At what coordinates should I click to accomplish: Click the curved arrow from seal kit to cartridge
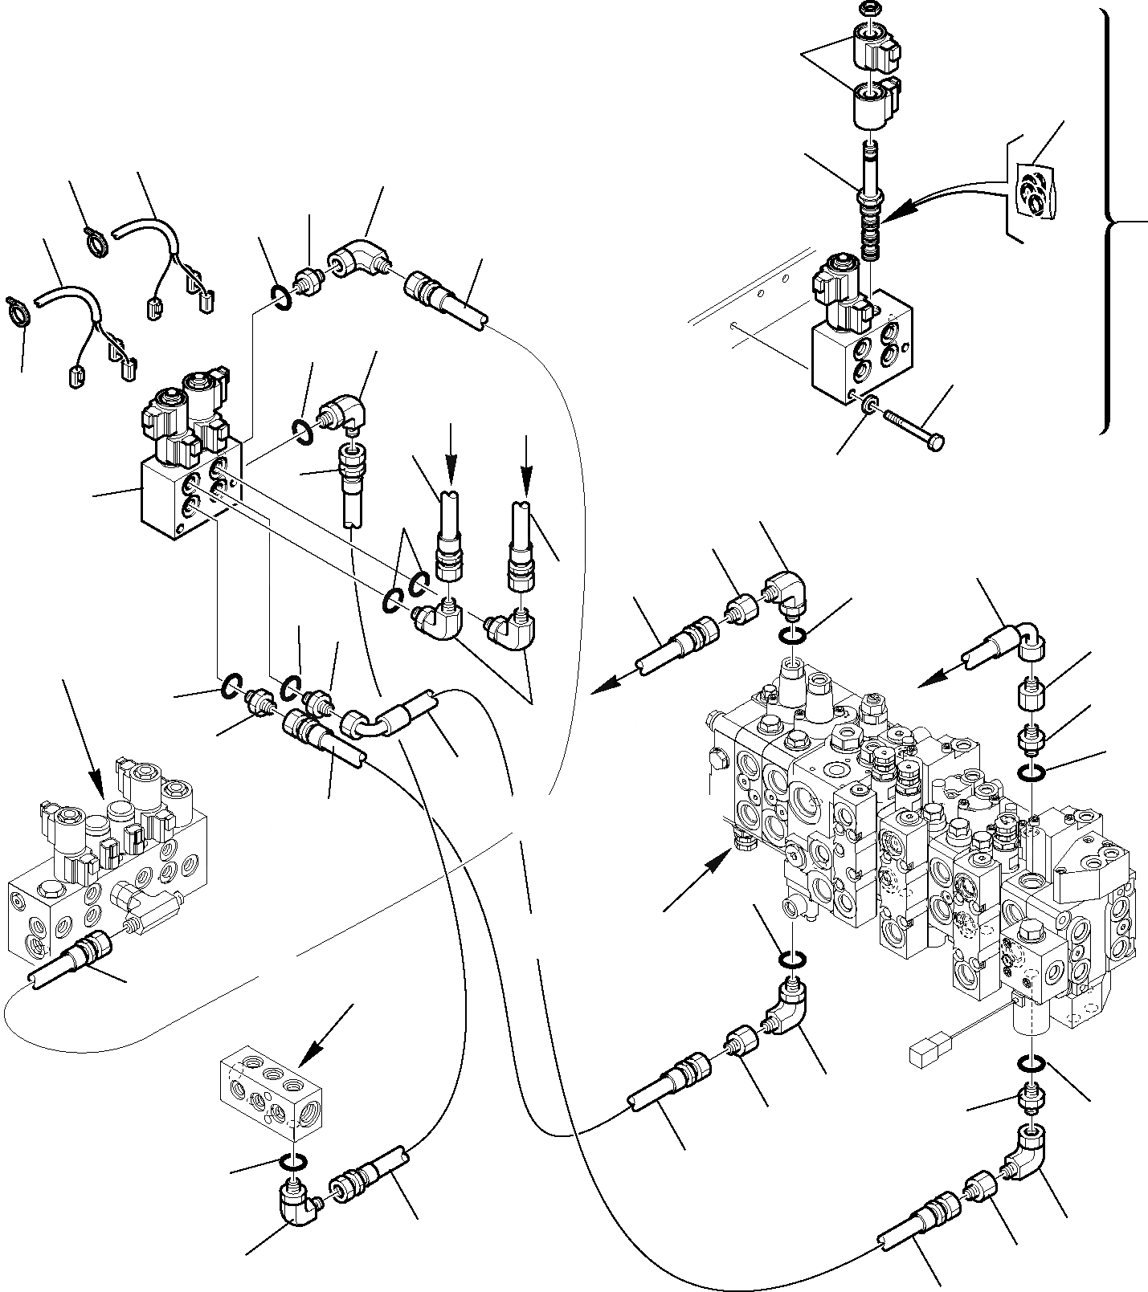point(948,196)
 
